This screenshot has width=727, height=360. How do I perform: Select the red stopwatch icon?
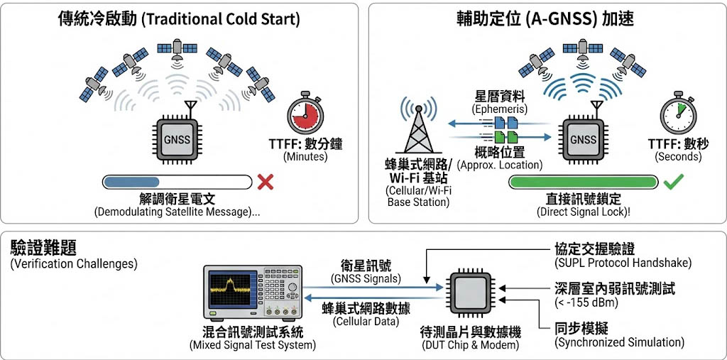click(307, 112)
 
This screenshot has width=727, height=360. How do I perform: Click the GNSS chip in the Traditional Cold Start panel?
click(177, 138)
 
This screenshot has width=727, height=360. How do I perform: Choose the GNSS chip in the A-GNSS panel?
click(583, 138)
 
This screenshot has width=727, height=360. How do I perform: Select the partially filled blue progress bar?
click(177, 182)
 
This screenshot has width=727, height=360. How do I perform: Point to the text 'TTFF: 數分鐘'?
click(306, 144)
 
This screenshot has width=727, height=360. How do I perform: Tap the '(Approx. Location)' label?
click(500, 165)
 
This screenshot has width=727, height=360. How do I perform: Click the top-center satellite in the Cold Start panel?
click(177, 48)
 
